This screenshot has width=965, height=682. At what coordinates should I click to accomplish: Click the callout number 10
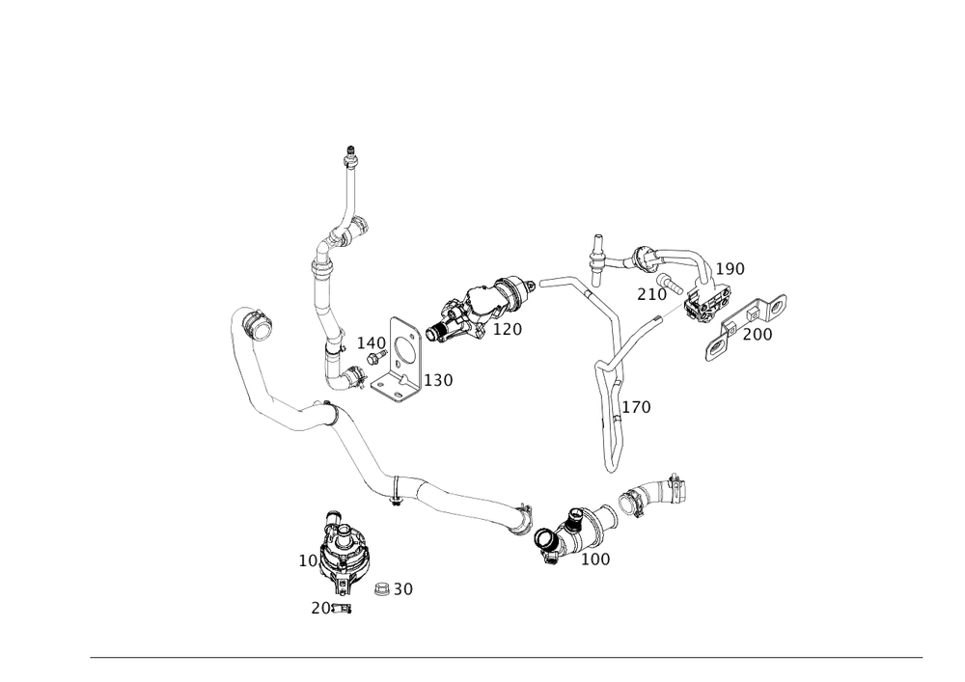click(x=308, y=560)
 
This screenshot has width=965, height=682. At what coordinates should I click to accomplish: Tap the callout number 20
click(x=320, y=608)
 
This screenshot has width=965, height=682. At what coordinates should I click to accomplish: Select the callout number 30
click(x=403, y=589)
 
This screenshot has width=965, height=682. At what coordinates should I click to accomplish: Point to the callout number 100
click(x=595, y=559)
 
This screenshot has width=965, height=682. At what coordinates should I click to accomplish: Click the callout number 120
click(x=508, y=330)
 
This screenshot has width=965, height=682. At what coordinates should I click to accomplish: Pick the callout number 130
click(x=438, y=380)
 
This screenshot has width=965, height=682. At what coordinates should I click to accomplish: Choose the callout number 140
click(x=372, y=343)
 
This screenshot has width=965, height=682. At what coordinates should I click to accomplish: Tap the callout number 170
click(x=636, y=407)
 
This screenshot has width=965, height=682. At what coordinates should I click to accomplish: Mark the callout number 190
click(x=730, y=269)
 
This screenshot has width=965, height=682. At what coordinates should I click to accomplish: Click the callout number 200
click(x=758, y=335)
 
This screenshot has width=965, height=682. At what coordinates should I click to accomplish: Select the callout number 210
click(x=651, y=294)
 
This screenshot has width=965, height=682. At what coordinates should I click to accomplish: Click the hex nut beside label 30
click(x=381, y=589)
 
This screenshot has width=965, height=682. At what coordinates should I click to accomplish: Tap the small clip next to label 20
click(x=342, y=608)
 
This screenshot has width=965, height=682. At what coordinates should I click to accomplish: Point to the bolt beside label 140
click(x=375, y=357)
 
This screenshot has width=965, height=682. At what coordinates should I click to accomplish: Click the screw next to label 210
click(x=670, y=284)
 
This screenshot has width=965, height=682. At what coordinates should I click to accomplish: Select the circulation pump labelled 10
click(x=342, y=551)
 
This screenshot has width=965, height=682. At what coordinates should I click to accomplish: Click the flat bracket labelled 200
click(x=746, y=327)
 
